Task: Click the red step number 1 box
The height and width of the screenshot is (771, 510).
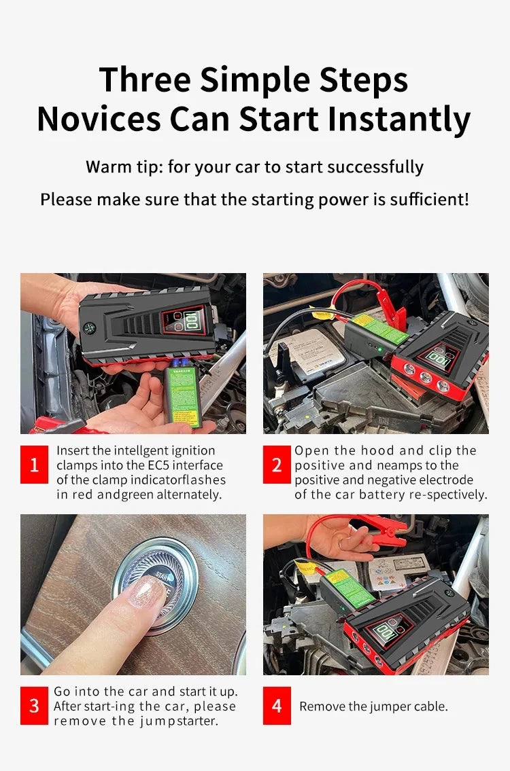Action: [x=34, y=465]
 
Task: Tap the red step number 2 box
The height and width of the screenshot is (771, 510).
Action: [x=277, y=465]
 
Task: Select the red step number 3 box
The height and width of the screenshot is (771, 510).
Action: [x=34, y=706]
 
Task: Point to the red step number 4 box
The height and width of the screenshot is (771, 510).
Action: [x=277, y=706]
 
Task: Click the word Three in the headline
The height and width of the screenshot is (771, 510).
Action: [x=145, y=79]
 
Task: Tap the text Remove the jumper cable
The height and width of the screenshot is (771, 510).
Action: [x=373, y=706]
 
